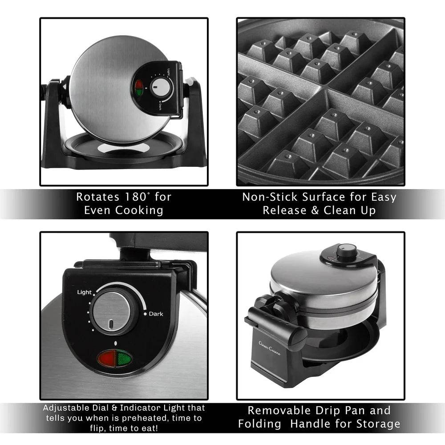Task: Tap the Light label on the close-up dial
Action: click(x=84, y=292)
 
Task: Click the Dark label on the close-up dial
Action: click(x=156, y=314)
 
